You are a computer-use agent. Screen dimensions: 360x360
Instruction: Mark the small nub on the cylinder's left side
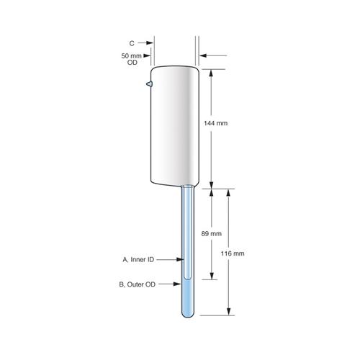click(148, 85)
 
